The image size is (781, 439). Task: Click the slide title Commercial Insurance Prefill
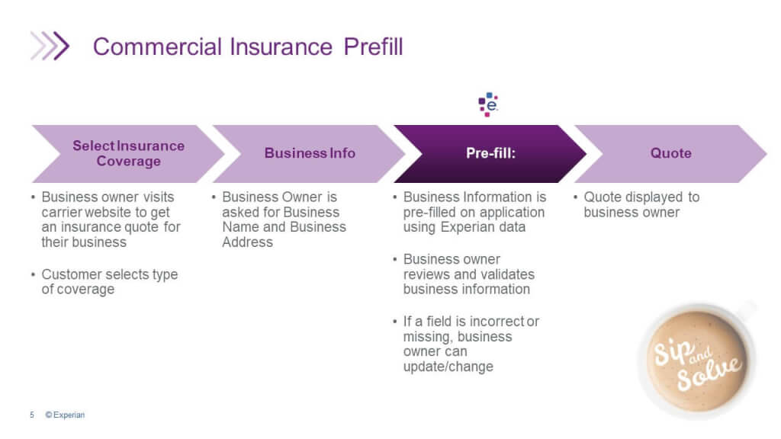(x=247, y=47)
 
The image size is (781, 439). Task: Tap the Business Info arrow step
(x=310, y=153)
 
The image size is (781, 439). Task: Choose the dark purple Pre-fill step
(x=490, y=153)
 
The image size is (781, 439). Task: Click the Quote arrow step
(x=670, y=153)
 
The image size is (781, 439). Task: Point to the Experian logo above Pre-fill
(x=488, y=104)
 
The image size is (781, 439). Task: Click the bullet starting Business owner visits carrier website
(x=111, y=219)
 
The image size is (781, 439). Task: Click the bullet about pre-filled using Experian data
(x=474, y=212)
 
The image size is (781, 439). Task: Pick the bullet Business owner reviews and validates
(x=468, y=274)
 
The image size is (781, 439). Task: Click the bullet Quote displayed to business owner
(x=641, y=204)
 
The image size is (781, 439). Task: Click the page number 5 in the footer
(x=32, y=415)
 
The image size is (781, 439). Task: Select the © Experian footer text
(x=65, y=415)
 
